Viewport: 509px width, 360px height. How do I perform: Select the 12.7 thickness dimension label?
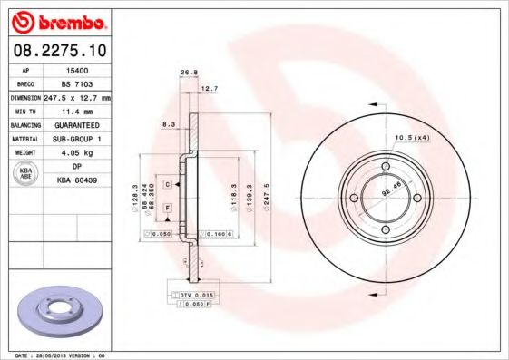click(209, 88)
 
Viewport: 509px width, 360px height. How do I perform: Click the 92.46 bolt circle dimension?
click(391, 191)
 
